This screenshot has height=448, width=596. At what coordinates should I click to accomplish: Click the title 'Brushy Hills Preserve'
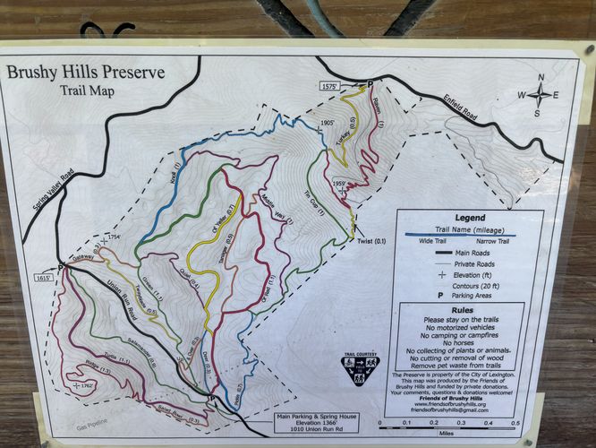point(86,72)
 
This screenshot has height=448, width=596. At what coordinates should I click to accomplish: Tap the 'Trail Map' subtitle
point(86,90)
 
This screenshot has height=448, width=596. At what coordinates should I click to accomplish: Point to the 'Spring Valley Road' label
point(42,199)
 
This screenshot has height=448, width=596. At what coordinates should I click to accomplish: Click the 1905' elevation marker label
point(327,123)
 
